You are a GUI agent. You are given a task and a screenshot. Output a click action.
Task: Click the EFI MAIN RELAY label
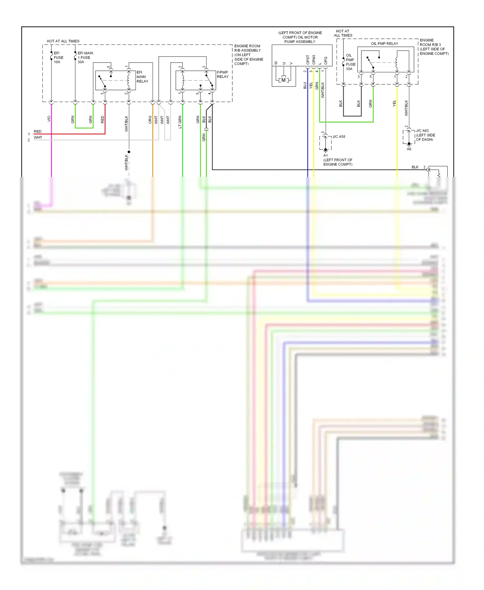click(x=142, y=77)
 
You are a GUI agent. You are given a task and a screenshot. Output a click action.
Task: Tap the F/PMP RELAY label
click(x=223, y=75)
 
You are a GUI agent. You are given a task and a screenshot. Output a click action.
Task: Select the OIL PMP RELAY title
click(x=384, y=44)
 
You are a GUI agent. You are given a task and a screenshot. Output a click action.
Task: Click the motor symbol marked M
click(x=283, y=80)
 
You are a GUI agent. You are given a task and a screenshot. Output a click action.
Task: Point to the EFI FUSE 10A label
click(x=58, y=57)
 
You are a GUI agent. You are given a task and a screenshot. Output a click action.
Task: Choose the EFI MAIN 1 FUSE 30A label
click(x=85, y=57)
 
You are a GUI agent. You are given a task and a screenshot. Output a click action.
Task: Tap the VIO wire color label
click(x=49, y=119)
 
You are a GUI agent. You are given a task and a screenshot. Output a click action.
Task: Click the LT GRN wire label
click(x=180, y=122)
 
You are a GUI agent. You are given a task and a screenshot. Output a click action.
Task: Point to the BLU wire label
click(x=305, y=85)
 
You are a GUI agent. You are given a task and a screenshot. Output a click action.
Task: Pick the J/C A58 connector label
click(x=339, y=137)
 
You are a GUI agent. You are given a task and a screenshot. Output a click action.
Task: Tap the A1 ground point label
click(x=326, y=155)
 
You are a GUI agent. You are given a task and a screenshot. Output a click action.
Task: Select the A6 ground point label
click(x=409, y=149)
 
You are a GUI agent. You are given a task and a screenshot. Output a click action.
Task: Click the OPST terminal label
click(x=308, y=60)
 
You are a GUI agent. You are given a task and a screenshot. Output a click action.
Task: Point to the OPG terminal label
click(x=326, y=60)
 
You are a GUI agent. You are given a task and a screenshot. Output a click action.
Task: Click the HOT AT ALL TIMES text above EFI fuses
click(x=63, y=41)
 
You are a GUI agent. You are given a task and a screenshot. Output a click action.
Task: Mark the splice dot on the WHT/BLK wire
click(x=129, y=152)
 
